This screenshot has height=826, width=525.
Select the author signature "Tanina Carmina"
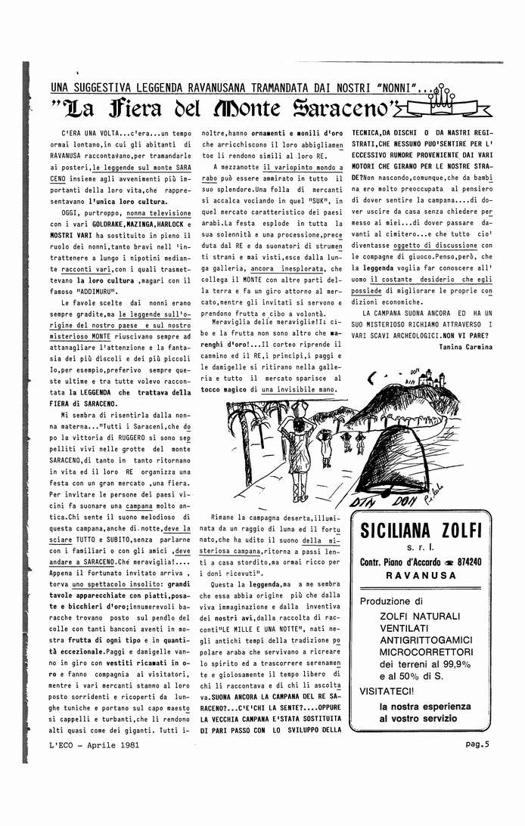[x=465, y=346]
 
